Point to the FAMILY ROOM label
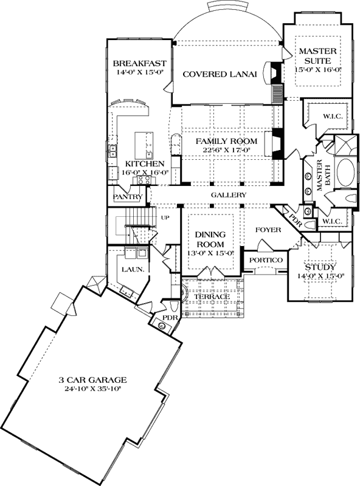pos(226,141)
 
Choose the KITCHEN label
pos(144,164)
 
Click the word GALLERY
pos(229,195)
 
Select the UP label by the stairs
pos(164,217)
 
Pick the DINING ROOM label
pos(210,239)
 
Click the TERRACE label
pos(212,296)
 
